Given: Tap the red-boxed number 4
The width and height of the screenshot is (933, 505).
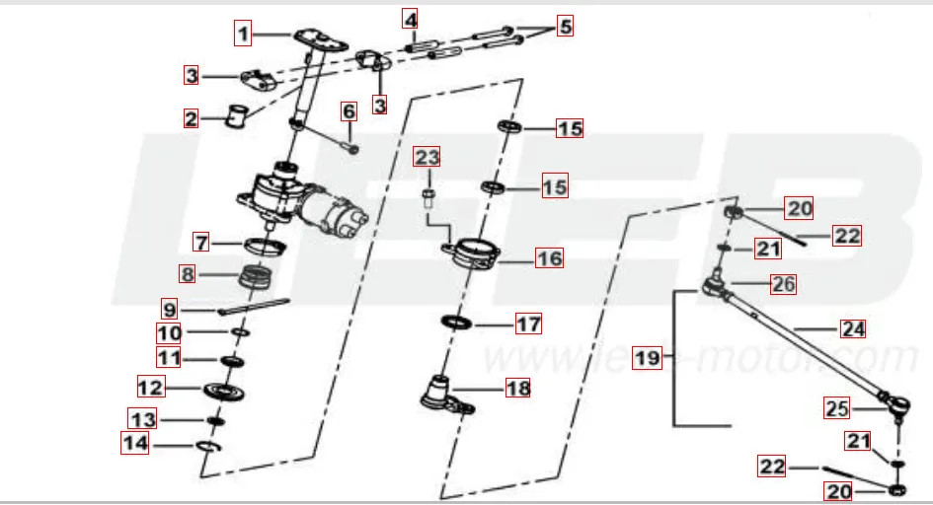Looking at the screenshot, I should tap(410, 19).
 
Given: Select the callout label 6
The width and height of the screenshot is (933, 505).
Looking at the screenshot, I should tap(349, 111).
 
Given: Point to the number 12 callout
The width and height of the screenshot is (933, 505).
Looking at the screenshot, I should tap(150, 386).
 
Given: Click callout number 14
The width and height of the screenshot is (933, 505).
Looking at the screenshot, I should tap(135, 444).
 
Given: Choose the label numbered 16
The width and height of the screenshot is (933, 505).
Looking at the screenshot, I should tap(549, 258).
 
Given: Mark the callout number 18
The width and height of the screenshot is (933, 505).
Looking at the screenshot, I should tap(517, 388).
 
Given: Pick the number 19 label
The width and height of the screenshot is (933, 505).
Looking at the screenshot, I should tap(648, 358).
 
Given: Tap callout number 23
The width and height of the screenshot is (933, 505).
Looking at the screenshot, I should tap(427, 157).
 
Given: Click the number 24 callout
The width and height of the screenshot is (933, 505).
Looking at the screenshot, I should tap(851, 329).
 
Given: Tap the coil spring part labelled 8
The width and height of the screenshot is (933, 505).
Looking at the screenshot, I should tap(258, 275).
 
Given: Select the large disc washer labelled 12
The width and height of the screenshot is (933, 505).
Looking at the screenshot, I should tap(226, 392).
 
